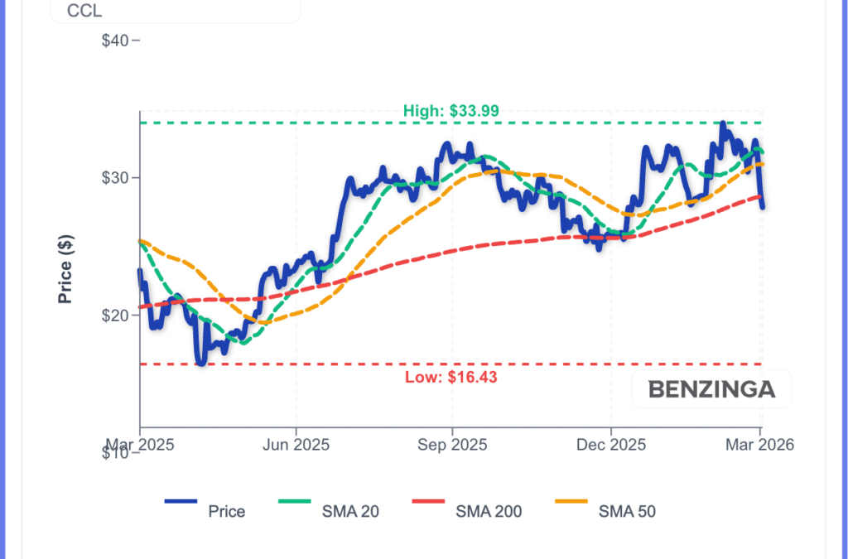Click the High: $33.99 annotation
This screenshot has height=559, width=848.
pos(450,111)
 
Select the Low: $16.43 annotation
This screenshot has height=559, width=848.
pos(450,378)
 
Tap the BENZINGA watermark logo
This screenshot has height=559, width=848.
pos(711,389)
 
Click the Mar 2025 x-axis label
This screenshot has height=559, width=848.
pos(139,445)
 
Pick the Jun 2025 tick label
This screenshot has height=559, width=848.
pos(296,445)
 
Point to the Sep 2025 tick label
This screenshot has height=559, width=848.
pos(452,445)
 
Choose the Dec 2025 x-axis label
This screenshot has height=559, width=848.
pos(610,445)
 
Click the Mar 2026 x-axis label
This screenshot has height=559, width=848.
pos(760,445)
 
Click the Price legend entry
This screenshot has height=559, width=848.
pos(226,511)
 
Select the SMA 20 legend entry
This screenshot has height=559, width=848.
pos(350,511)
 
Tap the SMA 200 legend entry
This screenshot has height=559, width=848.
pos(489,511)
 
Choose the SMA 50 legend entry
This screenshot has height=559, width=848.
pos(627,511)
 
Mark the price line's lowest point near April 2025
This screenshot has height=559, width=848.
pos(200,363)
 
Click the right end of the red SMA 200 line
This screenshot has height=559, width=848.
pos(760,196)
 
